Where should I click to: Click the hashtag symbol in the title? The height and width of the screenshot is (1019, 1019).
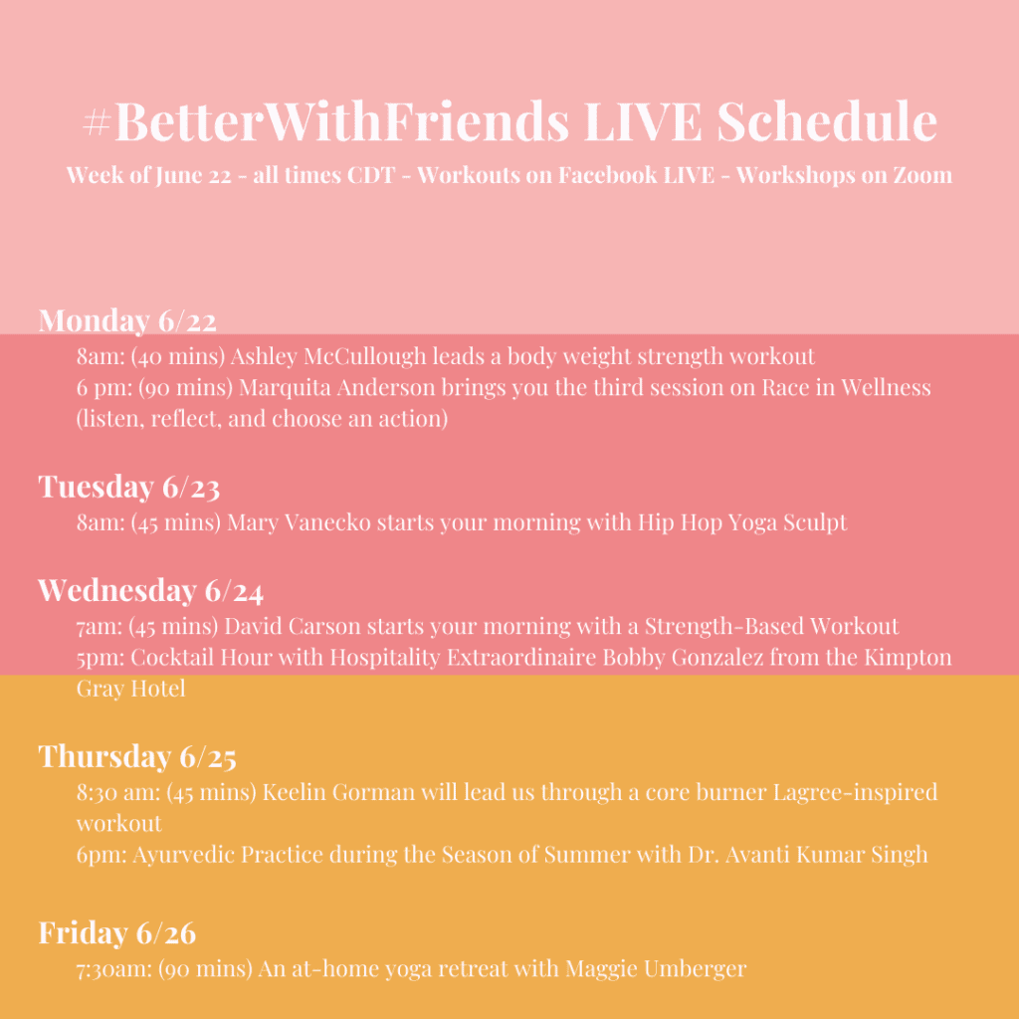[98, 122]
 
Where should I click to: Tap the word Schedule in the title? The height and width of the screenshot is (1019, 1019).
[827, 120]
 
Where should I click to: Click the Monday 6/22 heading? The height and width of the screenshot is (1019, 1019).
[127, 320]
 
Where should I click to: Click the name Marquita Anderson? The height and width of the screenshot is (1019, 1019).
[336, 387]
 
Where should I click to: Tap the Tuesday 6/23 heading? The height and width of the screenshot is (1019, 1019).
[129, 486]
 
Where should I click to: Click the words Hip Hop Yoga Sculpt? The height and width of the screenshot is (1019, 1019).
[742, 523]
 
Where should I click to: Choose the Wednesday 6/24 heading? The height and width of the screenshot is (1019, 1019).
[151, 590]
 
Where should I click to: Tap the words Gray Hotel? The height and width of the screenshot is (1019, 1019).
[130, 689]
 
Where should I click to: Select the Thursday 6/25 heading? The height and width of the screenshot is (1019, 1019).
[137, 756]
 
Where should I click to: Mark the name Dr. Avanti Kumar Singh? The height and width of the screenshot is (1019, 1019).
[808, 855]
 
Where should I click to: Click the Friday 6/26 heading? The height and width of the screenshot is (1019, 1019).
[117, 933]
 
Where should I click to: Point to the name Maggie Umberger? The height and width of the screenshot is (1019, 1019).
[656, 969]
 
